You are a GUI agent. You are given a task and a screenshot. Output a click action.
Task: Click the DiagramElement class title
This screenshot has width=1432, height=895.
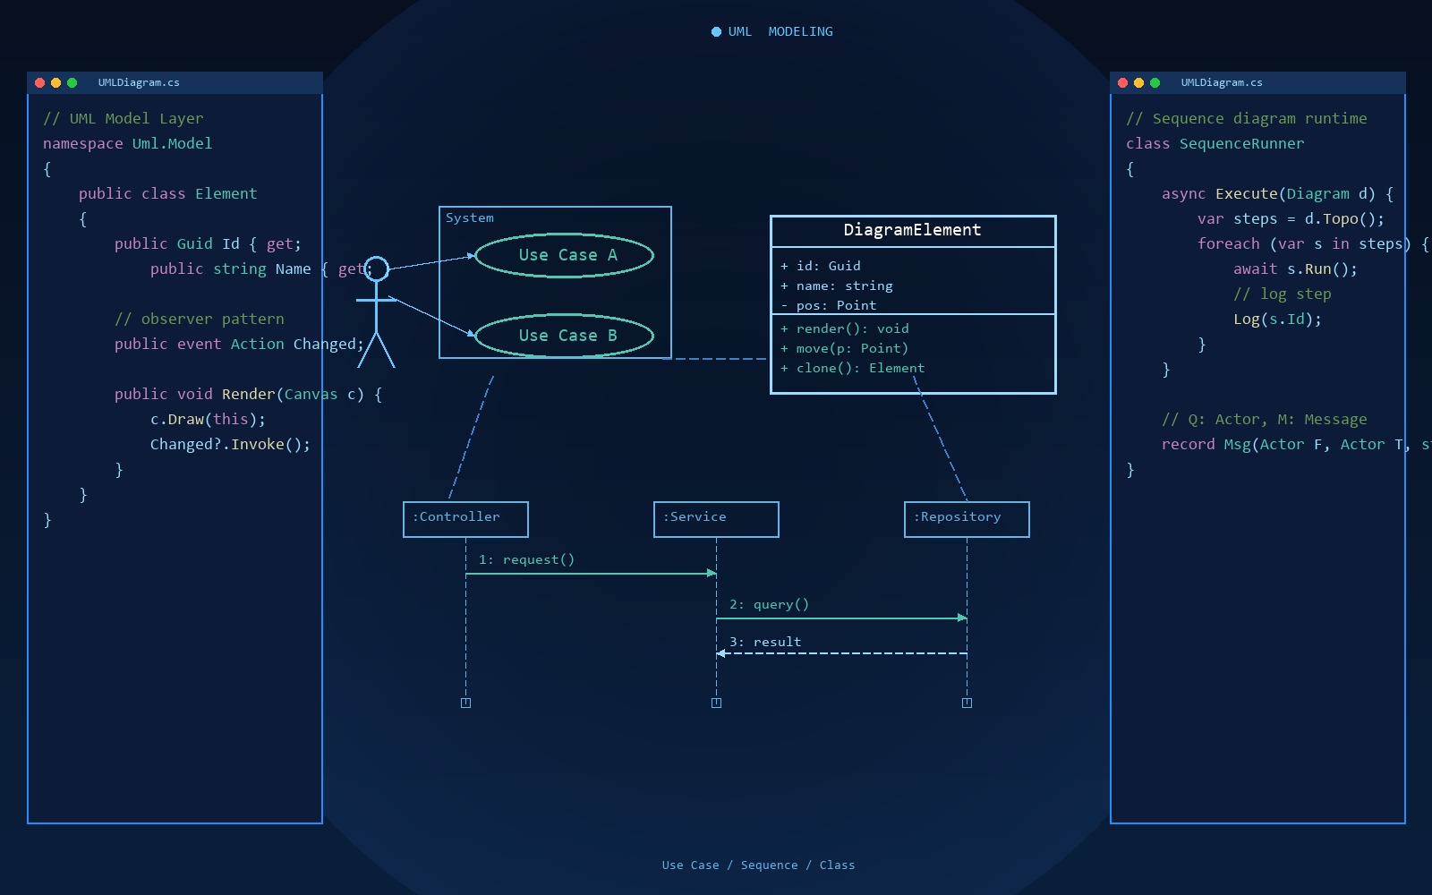[912, 230]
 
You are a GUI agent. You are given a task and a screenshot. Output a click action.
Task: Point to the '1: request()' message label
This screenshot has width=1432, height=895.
[527, 560]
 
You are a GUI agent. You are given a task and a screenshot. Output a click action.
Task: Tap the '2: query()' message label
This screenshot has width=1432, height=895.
[769, 605]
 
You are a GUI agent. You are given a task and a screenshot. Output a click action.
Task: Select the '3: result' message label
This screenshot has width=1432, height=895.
[765, 642]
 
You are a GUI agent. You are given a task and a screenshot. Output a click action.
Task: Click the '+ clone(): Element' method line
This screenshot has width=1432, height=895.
[852, 368]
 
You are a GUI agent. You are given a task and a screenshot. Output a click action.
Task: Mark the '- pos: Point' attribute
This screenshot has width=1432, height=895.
[829, 305]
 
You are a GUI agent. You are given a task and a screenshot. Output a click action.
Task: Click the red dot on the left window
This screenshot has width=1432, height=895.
[39, 82]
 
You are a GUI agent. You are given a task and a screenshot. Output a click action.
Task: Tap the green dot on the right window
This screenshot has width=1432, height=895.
[1155, 82]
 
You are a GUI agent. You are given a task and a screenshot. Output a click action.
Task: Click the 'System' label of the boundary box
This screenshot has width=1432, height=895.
[469, 218]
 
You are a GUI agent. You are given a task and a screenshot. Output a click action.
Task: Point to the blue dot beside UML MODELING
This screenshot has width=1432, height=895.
[716, 32]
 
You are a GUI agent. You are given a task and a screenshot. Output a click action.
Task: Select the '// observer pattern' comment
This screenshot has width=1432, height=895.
[200, 319]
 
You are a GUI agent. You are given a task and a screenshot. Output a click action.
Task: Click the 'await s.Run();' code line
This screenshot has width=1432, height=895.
[1295, 269]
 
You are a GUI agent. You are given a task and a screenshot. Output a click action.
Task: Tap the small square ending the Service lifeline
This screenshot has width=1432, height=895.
[716, 703]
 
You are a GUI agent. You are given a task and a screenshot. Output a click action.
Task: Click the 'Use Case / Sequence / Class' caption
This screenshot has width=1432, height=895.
[758, 865]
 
